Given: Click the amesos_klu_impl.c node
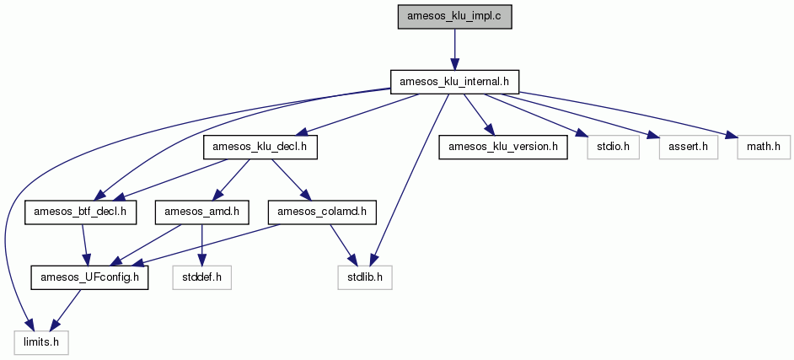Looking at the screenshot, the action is [x=454, y=17].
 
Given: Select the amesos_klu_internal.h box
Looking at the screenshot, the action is [x=454, y=82].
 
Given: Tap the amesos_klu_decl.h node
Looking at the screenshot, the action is [x=260, y=148].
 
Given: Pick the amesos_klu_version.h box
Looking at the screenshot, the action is [x=502, y=148].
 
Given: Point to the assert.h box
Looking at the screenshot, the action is [x=689, y=148].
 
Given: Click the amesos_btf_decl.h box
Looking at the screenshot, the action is [x=81, y=212].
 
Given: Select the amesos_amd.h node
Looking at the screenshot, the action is [x=202, y=212].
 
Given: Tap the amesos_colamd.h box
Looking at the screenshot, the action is [x=322, y=212].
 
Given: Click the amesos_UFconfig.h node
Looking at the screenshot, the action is [x=89, y=277].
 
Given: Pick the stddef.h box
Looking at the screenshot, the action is [x=202, y=277].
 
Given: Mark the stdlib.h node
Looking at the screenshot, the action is [x=365, y=277].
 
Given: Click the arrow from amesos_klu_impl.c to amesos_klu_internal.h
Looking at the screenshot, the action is [x=454, y=49].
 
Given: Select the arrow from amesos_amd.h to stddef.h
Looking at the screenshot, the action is [x=202, y=245].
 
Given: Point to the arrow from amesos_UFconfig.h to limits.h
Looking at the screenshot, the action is [x=68, y=310].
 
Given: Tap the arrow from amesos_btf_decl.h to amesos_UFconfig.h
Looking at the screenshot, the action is [x=85, y=245].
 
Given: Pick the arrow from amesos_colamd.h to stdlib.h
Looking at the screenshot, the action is [x=343, y=245].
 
